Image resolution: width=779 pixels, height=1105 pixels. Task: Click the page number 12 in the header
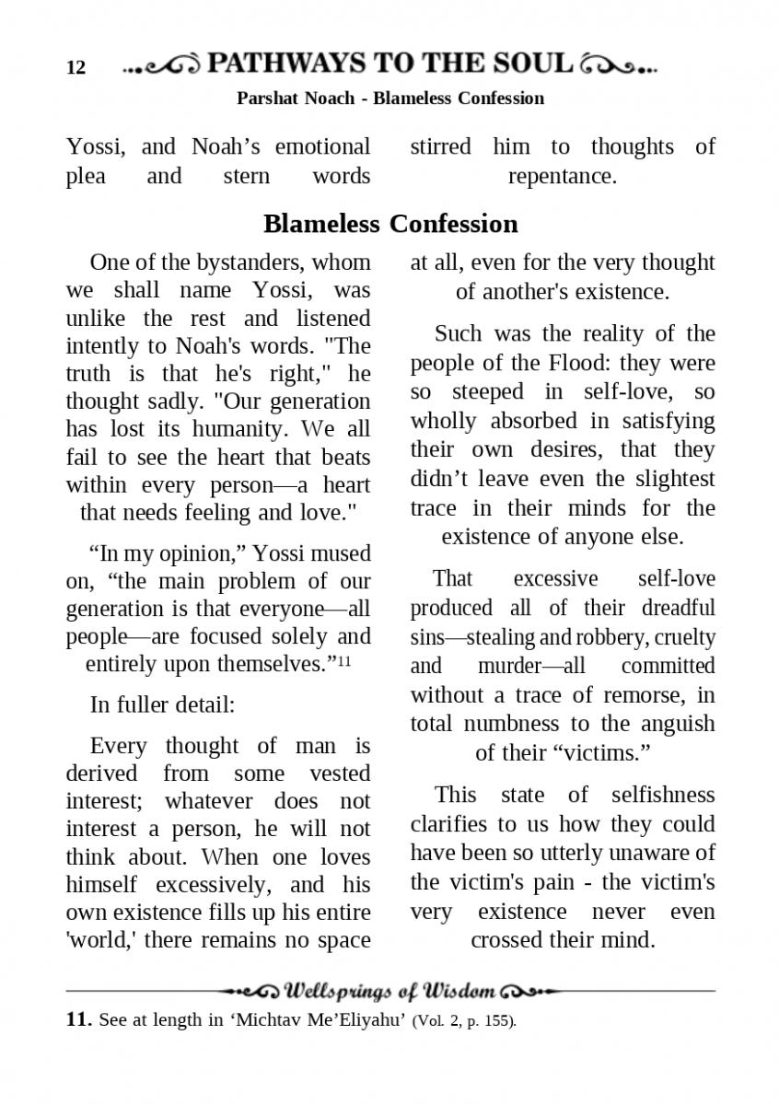tap(76, 67)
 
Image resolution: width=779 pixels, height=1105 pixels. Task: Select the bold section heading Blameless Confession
tap(390, 224)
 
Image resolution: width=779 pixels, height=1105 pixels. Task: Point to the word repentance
tap(562, 175)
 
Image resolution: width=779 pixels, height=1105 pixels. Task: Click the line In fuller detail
tap(163, 705)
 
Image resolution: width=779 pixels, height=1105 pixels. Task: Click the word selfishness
tap(663, 795)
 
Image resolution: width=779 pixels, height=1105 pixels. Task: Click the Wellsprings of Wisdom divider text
tap(390, 992)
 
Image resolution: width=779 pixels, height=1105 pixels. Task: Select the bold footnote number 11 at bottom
tap(78, 1020)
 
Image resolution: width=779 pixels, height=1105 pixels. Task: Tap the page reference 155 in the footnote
tap(501, 1021)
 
